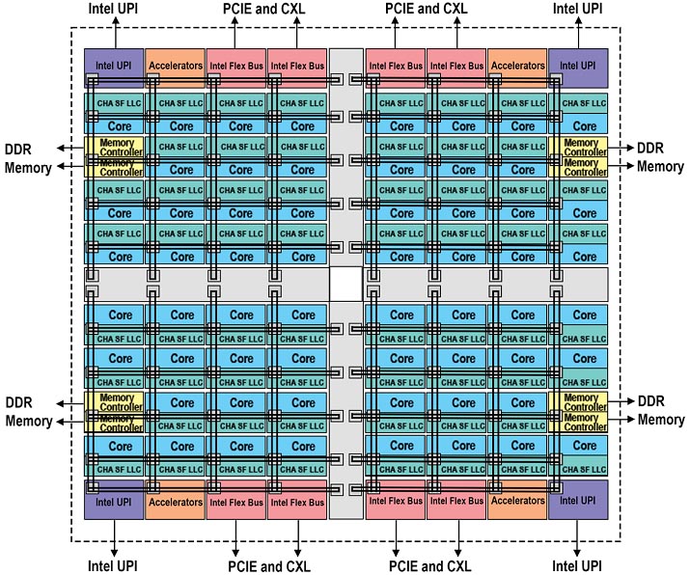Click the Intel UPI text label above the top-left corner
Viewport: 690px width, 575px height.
pos(114,9)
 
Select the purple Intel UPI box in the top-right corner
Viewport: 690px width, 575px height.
pos(577,67)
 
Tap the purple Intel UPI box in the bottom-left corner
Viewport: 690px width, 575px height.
pos(114,502)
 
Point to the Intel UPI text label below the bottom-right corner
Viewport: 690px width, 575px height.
pos(577,565)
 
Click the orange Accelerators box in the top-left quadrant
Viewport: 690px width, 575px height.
pos(175,67)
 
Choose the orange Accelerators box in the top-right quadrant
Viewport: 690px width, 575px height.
pos(517,67)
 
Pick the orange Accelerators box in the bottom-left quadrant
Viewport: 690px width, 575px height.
pos(175,502)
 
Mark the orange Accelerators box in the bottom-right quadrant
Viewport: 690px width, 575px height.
pos(517,502)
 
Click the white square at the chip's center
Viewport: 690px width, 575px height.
pos(345,284)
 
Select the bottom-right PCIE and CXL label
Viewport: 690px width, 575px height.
pos(430,565)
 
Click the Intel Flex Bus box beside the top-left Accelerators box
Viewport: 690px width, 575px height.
pos(235,67)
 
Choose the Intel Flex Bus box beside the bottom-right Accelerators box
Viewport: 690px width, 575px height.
pos(456,502)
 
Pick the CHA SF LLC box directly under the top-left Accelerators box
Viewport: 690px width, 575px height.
pos(175,103)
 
